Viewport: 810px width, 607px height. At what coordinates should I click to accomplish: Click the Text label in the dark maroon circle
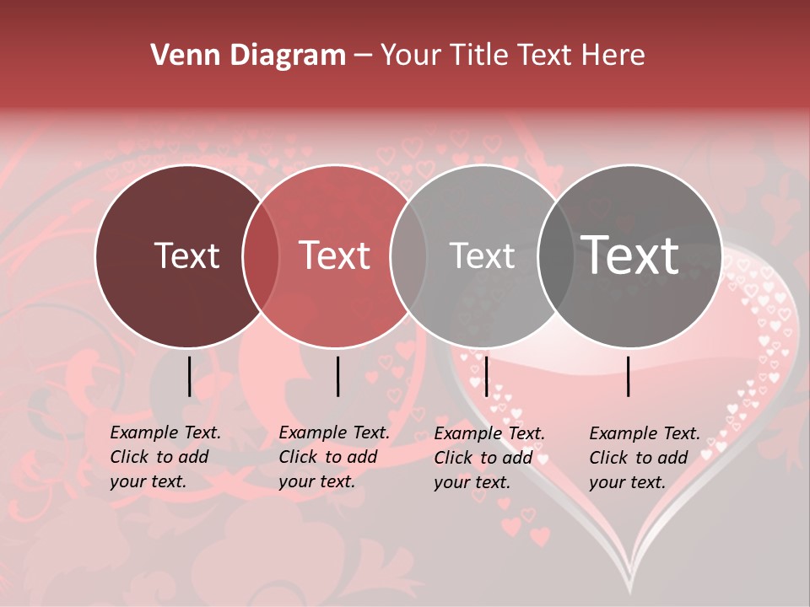[x=186, y=255]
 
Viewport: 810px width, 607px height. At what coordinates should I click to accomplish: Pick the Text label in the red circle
[x=335, y=255]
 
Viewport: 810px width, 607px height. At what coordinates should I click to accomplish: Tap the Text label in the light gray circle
[x=482, y=255]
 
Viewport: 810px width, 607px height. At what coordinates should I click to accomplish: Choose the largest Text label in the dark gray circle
[x=630, y=255]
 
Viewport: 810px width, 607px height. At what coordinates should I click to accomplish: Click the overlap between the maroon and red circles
[x=261, y=256]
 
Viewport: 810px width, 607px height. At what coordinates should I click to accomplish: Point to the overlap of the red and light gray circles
[x=408, y=256]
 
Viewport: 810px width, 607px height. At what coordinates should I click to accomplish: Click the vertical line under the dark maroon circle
[x=189, y=376]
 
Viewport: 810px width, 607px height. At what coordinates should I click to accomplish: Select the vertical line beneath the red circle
[x=337, y=376]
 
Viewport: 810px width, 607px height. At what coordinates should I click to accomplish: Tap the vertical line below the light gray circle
[x=485, y=376]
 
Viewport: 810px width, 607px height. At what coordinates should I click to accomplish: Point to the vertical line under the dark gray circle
[x=629, y=376]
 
